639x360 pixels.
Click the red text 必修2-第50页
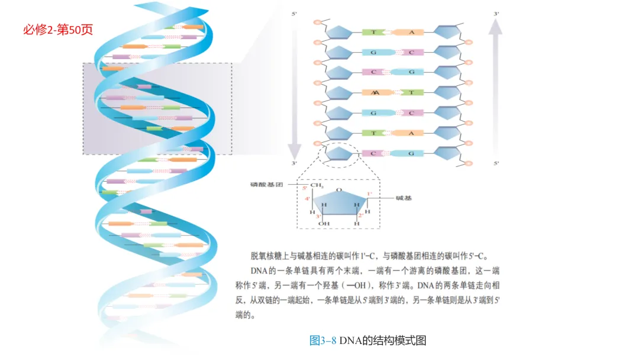pos(58,30)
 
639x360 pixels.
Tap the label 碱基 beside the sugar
pos(404,198)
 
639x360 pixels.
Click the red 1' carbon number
pos(370,194)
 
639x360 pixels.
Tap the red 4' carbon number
pos(308,199)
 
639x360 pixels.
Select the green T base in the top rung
pos(374,32)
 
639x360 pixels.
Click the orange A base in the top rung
pos(411,32)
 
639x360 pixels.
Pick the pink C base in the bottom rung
pos(374,153)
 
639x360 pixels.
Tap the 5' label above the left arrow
pos(294,13)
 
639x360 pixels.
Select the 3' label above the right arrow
pos(496,13)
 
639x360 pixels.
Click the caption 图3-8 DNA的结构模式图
pos(367,340)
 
